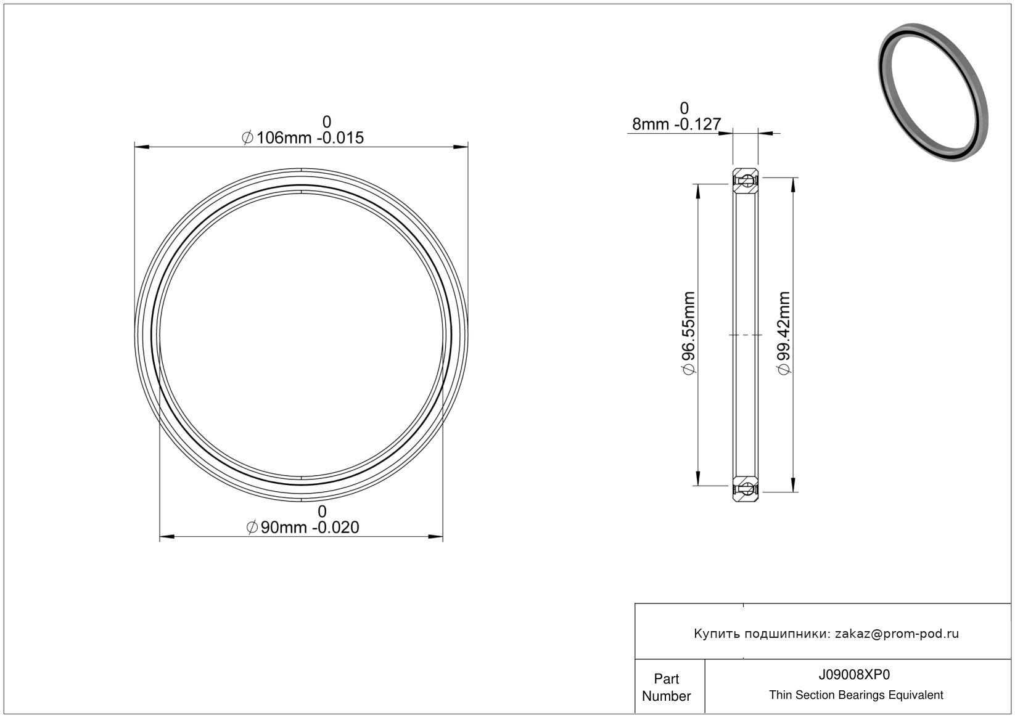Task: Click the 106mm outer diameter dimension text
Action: pos(303,137)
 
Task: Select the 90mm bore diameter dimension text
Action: pos(303,528)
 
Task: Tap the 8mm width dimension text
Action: pos(676,124)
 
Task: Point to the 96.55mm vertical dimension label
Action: pos(688,333)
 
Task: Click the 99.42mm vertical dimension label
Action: pos(784,333)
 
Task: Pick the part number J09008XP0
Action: pos(854,675)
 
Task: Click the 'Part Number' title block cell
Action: pos(667,687)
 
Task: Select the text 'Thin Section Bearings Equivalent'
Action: pos(856,695)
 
